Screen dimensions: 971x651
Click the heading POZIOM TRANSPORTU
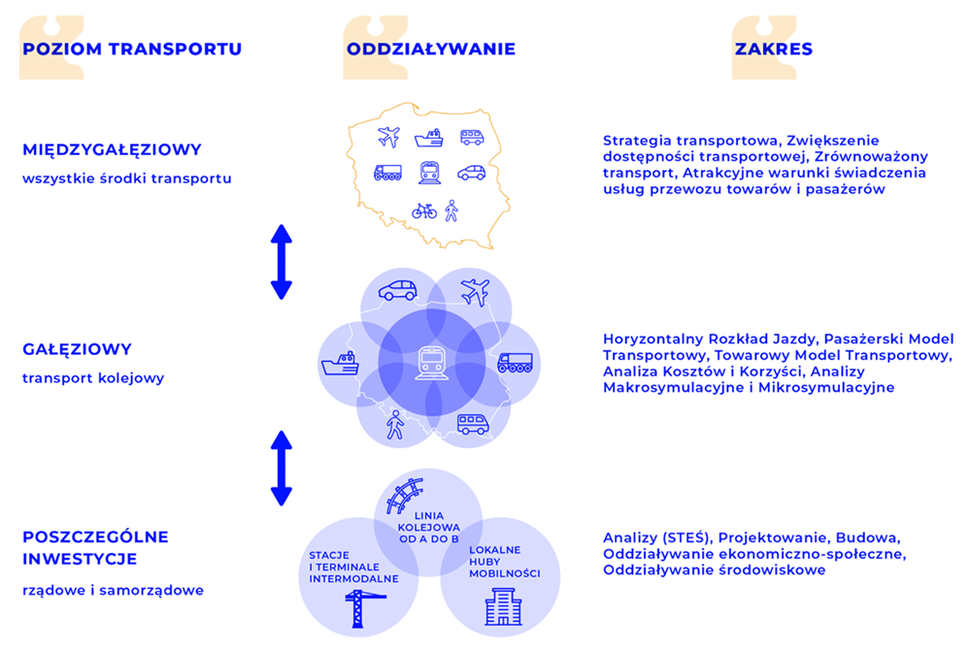point(132,49)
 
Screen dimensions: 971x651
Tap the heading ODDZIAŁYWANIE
point(431,49)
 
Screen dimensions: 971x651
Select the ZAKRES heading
point(774,49)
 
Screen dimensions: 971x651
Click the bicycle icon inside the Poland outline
point(424,212)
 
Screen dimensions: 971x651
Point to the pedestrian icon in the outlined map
point(452,212)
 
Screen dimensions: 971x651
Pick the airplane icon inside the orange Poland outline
point(389,137)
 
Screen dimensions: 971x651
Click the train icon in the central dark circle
point(432,363)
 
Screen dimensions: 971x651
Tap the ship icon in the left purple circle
point(340,364)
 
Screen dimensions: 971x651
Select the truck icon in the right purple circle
point(516,363)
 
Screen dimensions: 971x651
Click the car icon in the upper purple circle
point(397,290)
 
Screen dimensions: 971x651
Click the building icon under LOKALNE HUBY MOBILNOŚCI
point(503,606)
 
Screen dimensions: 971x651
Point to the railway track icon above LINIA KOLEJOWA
point(404,495)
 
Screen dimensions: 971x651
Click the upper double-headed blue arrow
point(282,262)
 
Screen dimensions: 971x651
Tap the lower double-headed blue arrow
point(282,469)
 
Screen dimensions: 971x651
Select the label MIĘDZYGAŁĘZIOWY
point(112,149)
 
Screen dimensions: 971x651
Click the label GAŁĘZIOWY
point(78,349)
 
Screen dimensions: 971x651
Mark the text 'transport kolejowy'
point(93,378)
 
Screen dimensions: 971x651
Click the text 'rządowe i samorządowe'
point(114,590)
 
